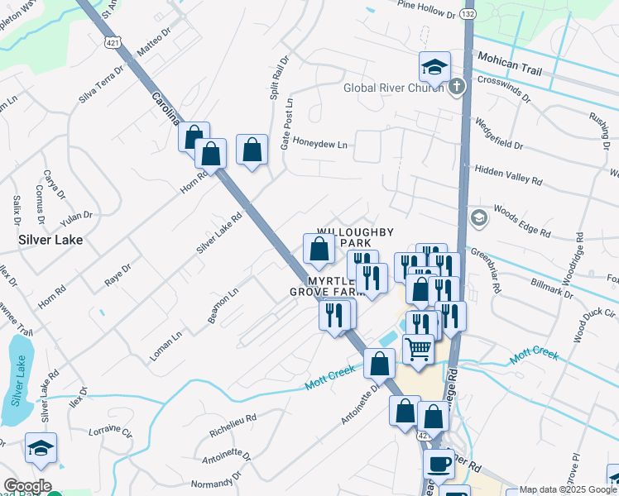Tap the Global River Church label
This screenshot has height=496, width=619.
395,88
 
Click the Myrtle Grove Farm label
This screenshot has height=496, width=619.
326,286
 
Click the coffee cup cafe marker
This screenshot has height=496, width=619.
439,464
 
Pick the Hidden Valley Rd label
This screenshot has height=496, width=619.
508,174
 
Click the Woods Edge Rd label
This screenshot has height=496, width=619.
521,221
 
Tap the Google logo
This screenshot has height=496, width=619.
27,486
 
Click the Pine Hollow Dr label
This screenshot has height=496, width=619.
427,9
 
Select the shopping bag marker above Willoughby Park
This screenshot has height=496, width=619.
319,248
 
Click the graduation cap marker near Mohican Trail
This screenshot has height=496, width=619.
434,66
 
